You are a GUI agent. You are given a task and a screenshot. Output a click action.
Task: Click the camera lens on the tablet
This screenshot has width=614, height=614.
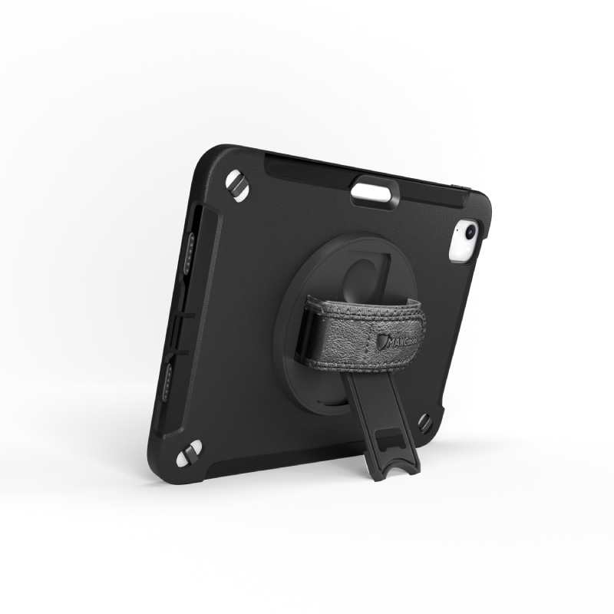468,229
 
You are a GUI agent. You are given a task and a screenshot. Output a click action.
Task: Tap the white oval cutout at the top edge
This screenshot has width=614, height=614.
375,193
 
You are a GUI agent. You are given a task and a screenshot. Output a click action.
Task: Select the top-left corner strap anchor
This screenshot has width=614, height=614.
236,187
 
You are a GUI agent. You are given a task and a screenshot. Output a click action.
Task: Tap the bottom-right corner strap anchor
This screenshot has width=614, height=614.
424,421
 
